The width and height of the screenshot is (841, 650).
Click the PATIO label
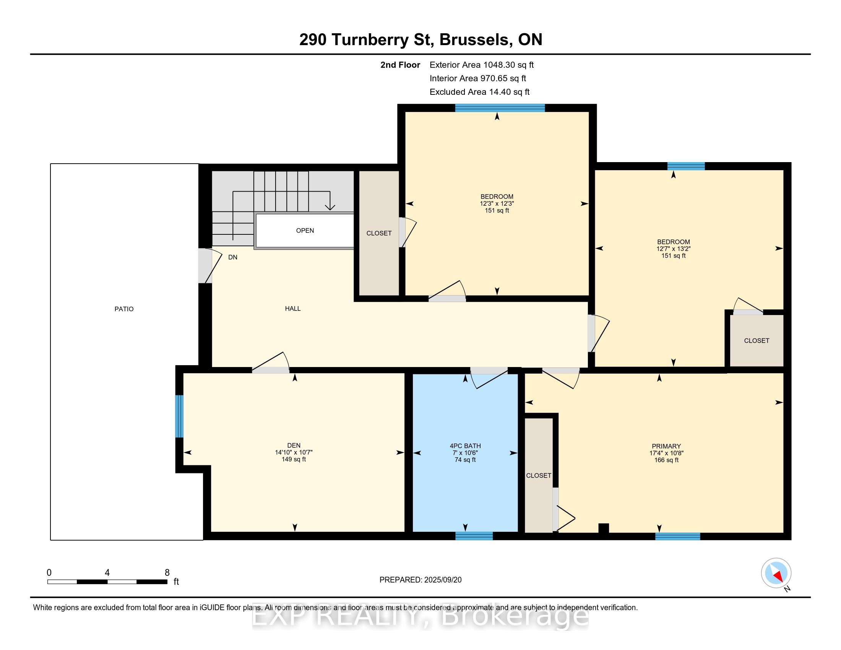click(124, 309)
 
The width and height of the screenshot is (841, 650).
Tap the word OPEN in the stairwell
click(305, 231)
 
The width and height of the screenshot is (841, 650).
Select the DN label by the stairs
click(232, 257)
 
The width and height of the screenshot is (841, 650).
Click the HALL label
click(293, 309)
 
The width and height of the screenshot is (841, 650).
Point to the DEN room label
click(294, 445)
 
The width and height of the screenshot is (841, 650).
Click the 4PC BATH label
click(465, 446)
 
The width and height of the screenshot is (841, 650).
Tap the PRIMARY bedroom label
click(666, 446)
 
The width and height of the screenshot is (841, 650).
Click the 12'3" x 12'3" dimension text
click(497, 204)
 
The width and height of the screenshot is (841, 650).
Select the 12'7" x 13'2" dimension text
click(674, 249)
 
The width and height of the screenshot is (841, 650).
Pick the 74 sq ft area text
click(465, 460)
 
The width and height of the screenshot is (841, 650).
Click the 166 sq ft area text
click(666, 460)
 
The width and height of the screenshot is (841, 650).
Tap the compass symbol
click(776, 573)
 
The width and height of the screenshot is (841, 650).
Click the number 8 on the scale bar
click(167, 573)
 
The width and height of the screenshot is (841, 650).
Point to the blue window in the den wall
click(179, 416)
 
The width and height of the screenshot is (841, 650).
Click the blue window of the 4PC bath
click(474, 536)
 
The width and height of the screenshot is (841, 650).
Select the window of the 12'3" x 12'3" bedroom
click(500, 108)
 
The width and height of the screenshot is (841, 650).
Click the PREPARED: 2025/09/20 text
click(420, 580)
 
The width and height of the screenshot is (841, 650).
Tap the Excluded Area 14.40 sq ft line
click(479, 92)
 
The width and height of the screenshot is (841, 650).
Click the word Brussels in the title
click(476, 40)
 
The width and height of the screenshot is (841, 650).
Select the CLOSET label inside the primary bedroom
click(539, 476)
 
